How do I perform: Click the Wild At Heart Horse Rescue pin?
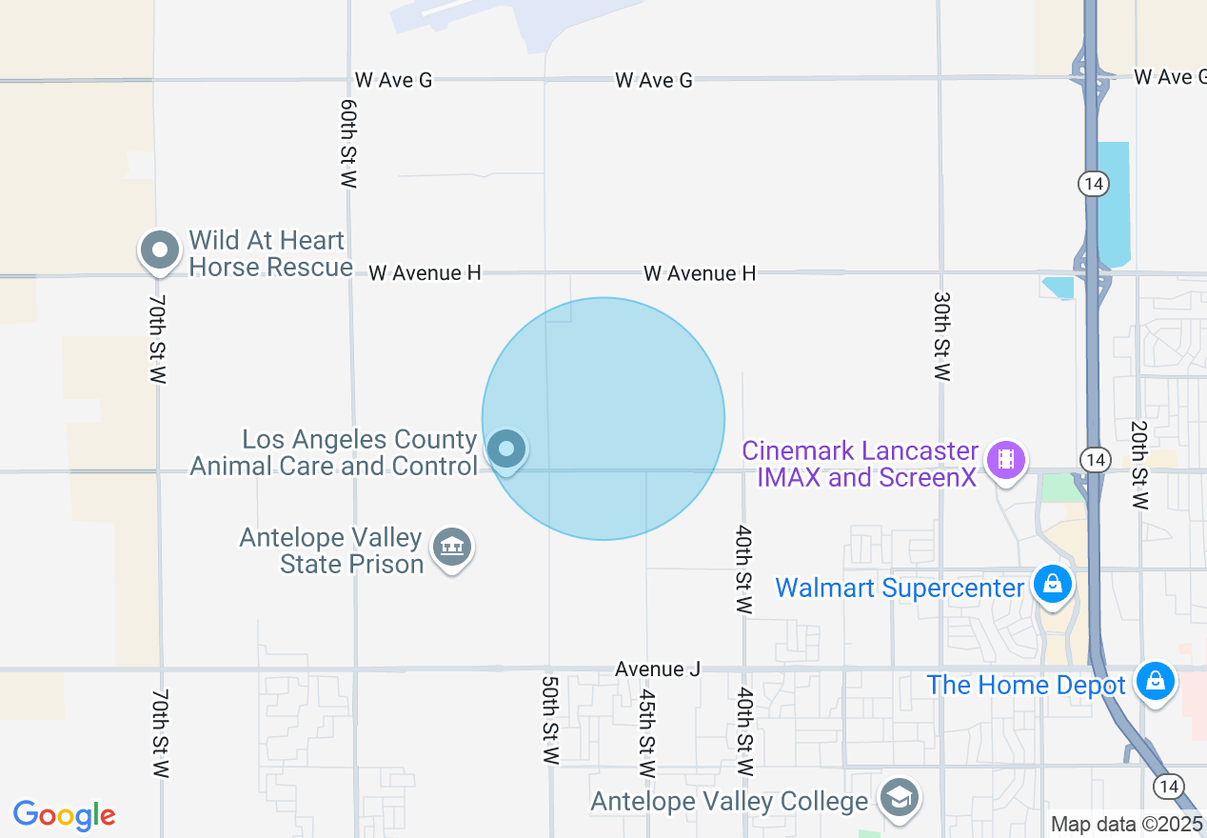click(x=159, y=251)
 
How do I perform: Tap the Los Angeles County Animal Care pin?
click(x=506, y=449)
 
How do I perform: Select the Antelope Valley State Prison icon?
click(x=452, y=548)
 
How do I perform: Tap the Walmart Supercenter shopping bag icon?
click(x=1053, y=583)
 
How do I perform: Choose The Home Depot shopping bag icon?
click(x=1155, y=681)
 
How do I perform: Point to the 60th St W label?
click(x=348, y=143)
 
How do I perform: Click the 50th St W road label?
click(x=549, y=721)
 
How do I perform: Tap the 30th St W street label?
click(x=941, y=336)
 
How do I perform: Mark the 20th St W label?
click(x=1138, y=465)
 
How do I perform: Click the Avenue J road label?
click(x=658, y=669)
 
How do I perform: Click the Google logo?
click(x=65, y=815)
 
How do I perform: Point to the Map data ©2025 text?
click(x=1127, y=824)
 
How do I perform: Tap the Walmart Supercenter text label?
click(x=900, y=588)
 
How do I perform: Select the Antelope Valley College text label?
click(x=729, y=802)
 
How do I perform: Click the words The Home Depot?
click(x=1026, y=685)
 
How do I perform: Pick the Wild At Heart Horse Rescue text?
click(x=270, y=253)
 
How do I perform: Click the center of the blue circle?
click(x=603, y=419)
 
